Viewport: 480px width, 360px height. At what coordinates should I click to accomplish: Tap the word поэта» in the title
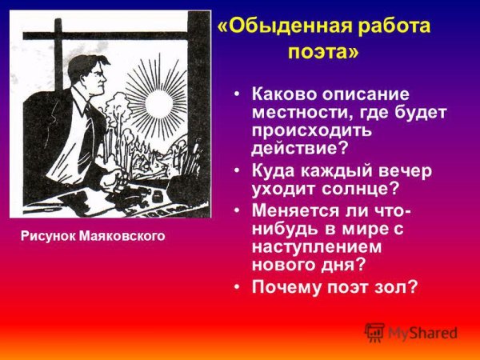[x=323, y=52]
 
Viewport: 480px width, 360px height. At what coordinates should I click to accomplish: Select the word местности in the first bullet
[x=299, y=112]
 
